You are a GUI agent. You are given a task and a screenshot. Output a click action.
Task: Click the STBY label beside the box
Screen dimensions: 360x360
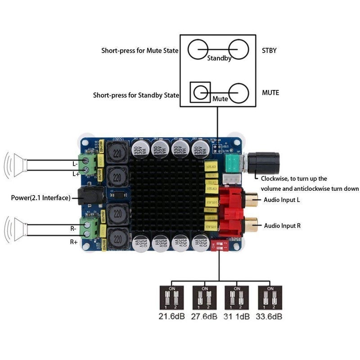tap(269, 50)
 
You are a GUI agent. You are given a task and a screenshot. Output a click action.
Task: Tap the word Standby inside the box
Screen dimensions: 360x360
tap(219, 58)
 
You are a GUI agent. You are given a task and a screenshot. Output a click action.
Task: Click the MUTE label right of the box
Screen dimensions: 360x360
tap(270, 93)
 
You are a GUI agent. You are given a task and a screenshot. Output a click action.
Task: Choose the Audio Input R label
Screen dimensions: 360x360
tap(282, 225)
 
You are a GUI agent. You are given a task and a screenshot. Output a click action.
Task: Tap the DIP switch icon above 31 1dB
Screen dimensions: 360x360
tap(237, 297)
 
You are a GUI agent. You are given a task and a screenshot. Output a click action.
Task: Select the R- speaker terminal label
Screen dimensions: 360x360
tap(74, 229)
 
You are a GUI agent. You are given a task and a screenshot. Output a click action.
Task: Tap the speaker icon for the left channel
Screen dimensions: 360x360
tap(16, 164)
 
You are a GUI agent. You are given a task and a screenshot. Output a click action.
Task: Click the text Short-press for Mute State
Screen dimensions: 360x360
tap(139, 50)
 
